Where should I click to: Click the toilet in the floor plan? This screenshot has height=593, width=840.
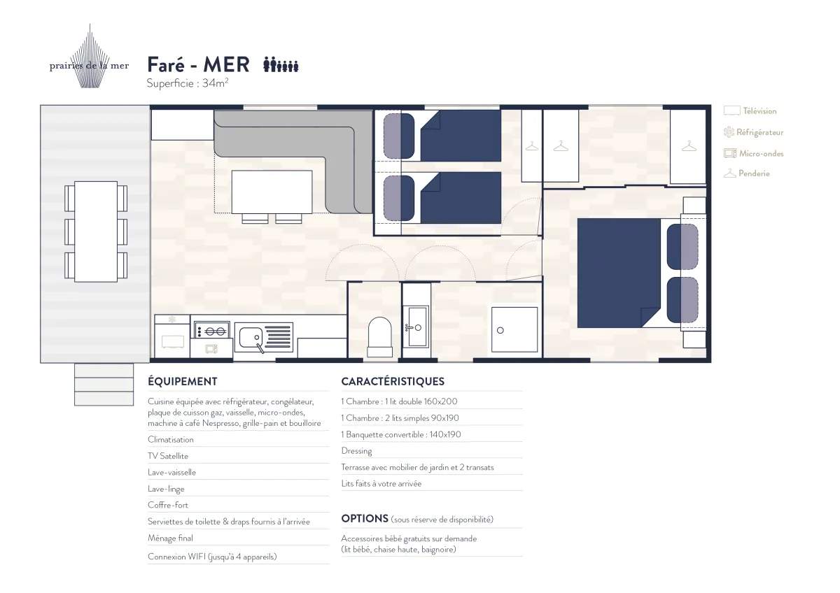pyautogui.click(x=379, y=337)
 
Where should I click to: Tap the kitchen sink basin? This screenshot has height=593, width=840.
pyautogui.click(x=251, y=337)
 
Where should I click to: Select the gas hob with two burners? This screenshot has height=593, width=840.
pyautogui.click(x=212, y=331)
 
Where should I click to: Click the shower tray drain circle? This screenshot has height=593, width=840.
pyautogui.click(x=500, y=330)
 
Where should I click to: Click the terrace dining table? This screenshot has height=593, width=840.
pyautogui.click(x=96, y=231)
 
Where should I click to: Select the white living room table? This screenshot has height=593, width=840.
pyautogui.click(x=272, y=192)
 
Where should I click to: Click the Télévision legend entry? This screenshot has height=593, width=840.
pyautogui.click(x=750, y=111)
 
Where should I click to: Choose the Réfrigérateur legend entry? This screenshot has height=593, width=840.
pyautogui.click(x=753, y=132)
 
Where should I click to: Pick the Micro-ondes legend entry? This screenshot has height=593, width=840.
pyautogui.click(x=753, y=153)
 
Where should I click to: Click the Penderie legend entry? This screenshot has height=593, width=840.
pyautogui.click(x=747, y=173)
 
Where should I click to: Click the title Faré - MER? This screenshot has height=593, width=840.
pyautogui.click(x=198, y=64)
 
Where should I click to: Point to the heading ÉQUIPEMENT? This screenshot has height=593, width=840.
pyautogui.click(x=182, y=381)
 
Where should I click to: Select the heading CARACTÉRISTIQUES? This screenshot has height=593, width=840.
pyautogui.click(x=393, y=381)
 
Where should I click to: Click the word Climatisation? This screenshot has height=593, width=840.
pyautogui.click(x=171, y=439)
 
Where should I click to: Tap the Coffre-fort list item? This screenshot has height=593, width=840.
pyautogui.click(x=167, y=505)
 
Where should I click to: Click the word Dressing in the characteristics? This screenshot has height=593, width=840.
pyautogui.click(x=356, y=451)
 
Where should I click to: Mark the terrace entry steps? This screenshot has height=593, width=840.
pyautogui.click(x=104, y=385)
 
